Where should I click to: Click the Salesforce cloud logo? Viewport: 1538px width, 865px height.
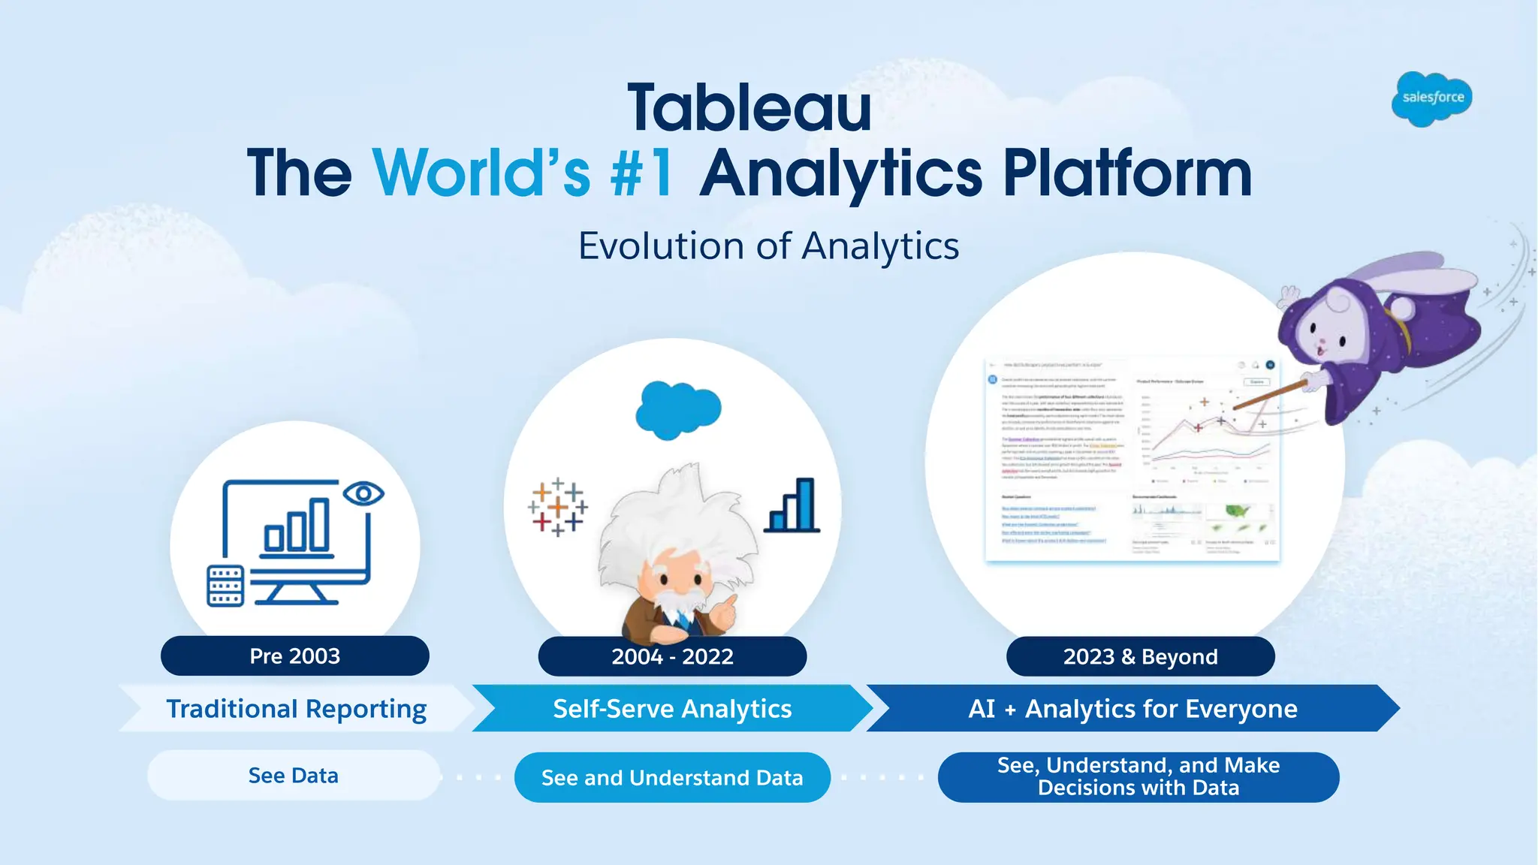pos(1431,98)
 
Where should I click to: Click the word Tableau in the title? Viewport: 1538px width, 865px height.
pos(749,109)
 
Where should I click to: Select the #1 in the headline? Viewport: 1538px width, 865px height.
pos(642,173)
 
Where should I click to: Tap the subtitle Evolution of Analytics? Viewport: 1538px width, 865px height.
pos(768,246)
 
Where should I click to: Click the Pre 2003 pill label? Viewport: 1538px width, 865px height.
pos(294,656)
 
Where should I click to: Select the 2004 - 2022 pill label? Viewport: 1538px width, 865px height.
pos(672,657)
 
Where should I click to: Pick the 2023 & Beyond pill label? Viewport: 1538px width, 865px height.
pos(1140,657)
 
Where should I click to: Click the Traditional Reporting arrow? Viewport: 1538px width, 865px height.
pos(296,709)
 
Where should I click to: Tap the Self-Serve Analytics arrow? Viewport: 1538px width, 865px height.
pos(672,709)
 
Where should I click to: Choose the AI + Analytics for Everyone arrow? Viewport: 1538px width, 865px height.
pos(1132,709)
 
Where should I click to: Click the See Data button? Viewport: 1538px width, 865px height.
pos(293,776)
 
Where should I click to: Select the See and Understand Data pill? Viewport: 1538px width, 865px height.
pos(672,778)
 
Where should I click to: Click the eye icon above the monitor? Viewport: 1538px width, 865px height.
pos(363,493)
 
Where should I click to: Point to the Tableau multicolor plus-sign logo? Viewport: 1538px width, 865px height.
pos(557,508)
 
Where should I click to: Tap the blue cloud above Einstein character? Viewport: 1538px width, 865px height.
pos(677,409)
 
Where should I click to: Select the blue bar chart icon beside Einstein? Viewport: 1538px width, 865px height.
pos(792,507)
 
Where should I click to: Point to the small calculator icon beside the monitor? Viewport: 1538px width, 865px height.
pos(225,586)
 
